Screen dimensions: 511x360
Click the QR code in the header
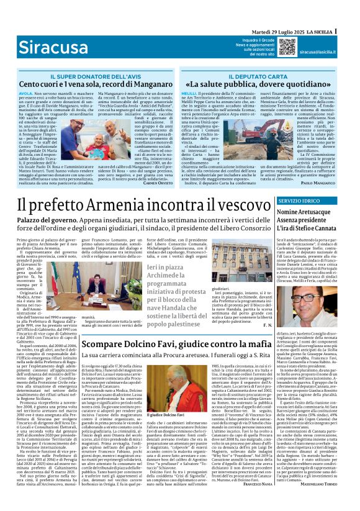(x=286, y=47)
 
